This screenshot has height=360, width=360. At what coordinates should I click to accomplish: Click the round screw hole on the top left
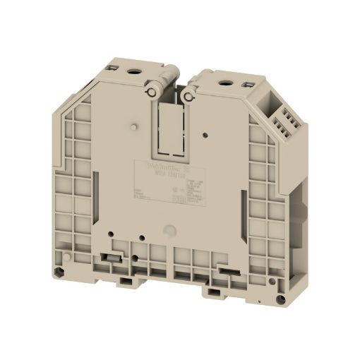pos(132,73)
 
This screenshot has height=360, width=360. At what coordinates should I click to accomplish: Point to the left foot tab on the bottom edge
pos(127,280)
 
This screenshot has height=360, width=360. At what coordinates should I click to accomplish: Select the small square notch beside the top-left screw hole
pos(113,68)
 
